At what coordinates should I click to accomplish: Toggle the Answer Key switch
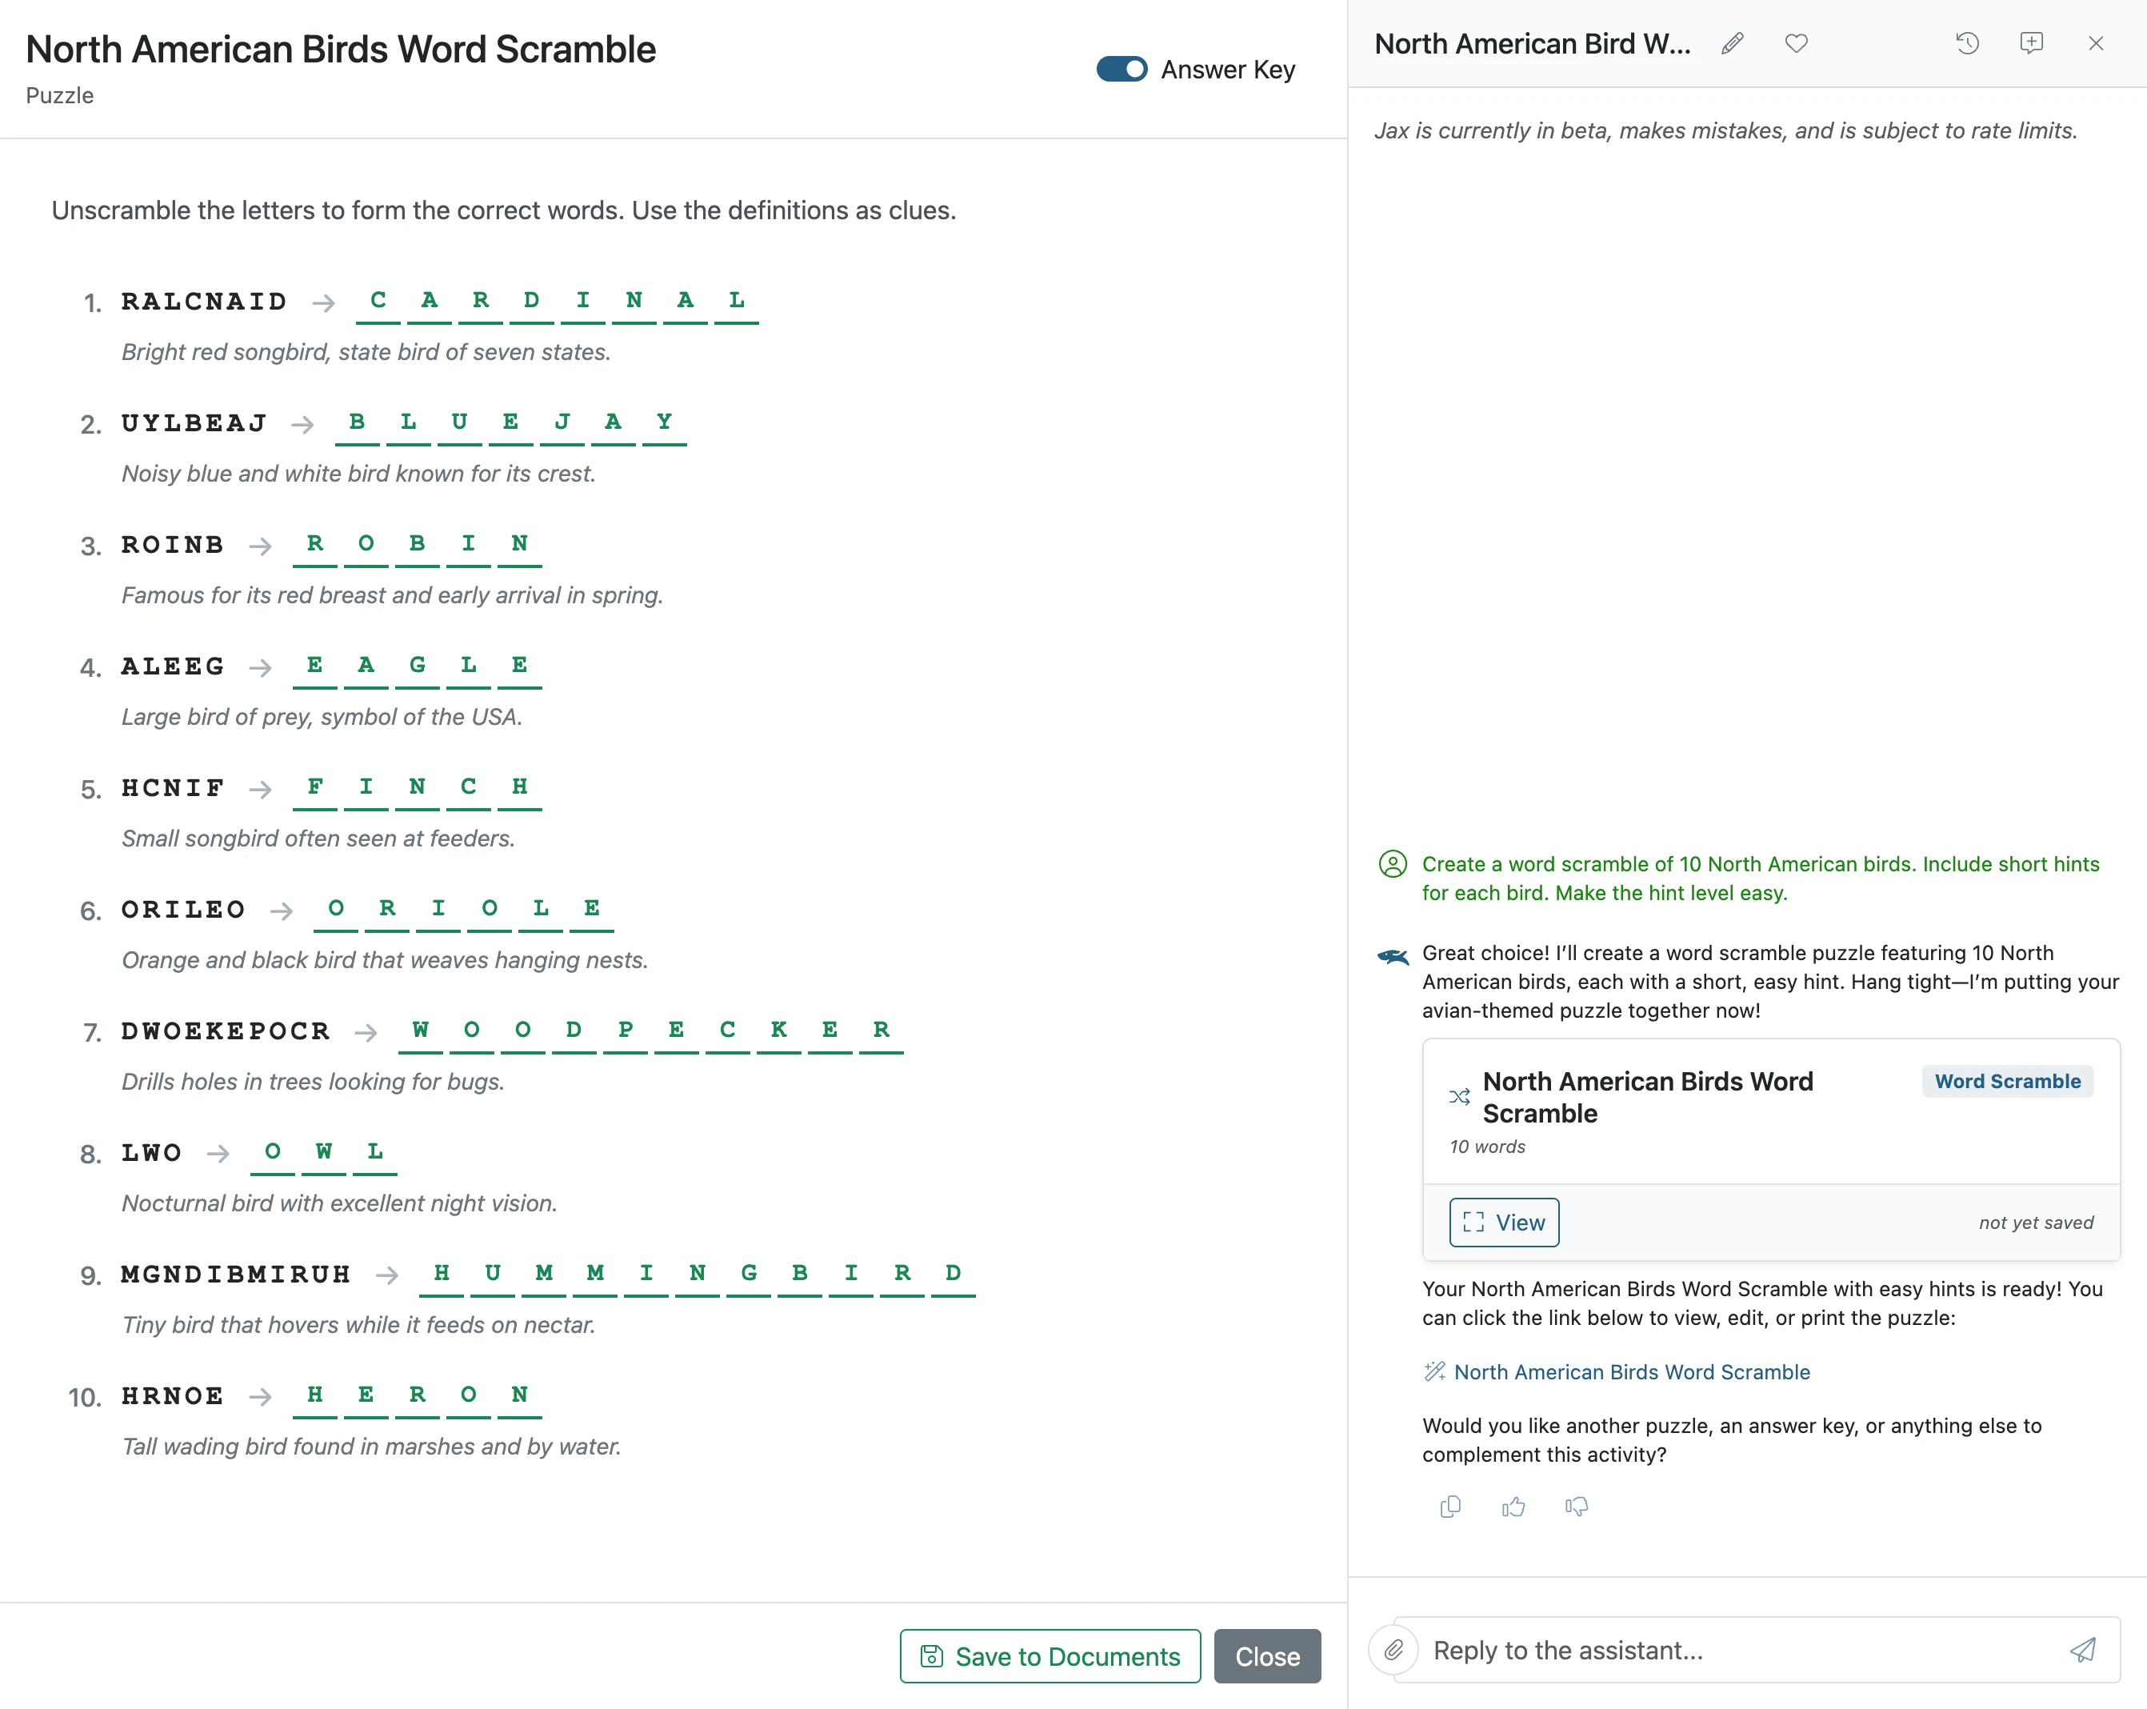[x=1121, y=69]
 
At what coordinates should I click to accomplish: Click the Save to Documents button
[x=1050, y=1655]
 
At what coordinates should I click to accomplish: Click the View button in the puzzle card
[x=1504, y=1222]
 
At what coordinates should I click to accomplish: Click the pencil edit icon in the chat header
[x=1733, y=43]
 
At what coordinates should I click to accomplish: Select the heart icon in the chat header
[x=1797, y=43]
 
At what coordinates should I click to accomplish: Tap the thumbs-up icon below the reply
[x=1513, y=1507]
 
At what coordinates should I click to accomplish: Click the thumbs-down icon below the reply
[x=1577, y=1507]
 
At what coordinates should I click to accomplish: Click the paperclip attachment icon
[x=1393, y=1651]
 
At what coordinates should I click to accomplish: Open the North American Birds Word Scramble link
[x=1631, y=1371]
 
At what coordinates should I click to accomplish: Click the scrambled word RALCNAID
[x=204, y=302]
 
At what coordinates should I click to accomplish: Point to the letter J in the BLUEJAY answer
[x=562, y=422]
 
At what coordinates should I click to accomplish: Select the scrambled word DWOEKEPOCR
[x=225, y=1031]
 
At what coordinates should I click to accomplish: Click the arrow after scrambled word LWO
[x=218, y=1153]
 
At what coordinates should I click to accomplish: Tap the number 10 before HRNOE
[x=85, y=1397]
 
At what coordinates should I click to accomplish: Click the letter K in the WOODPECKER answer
[x=779, y=1030]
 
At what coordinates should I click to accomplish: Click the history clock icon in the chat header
[x=1967, y=43]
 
